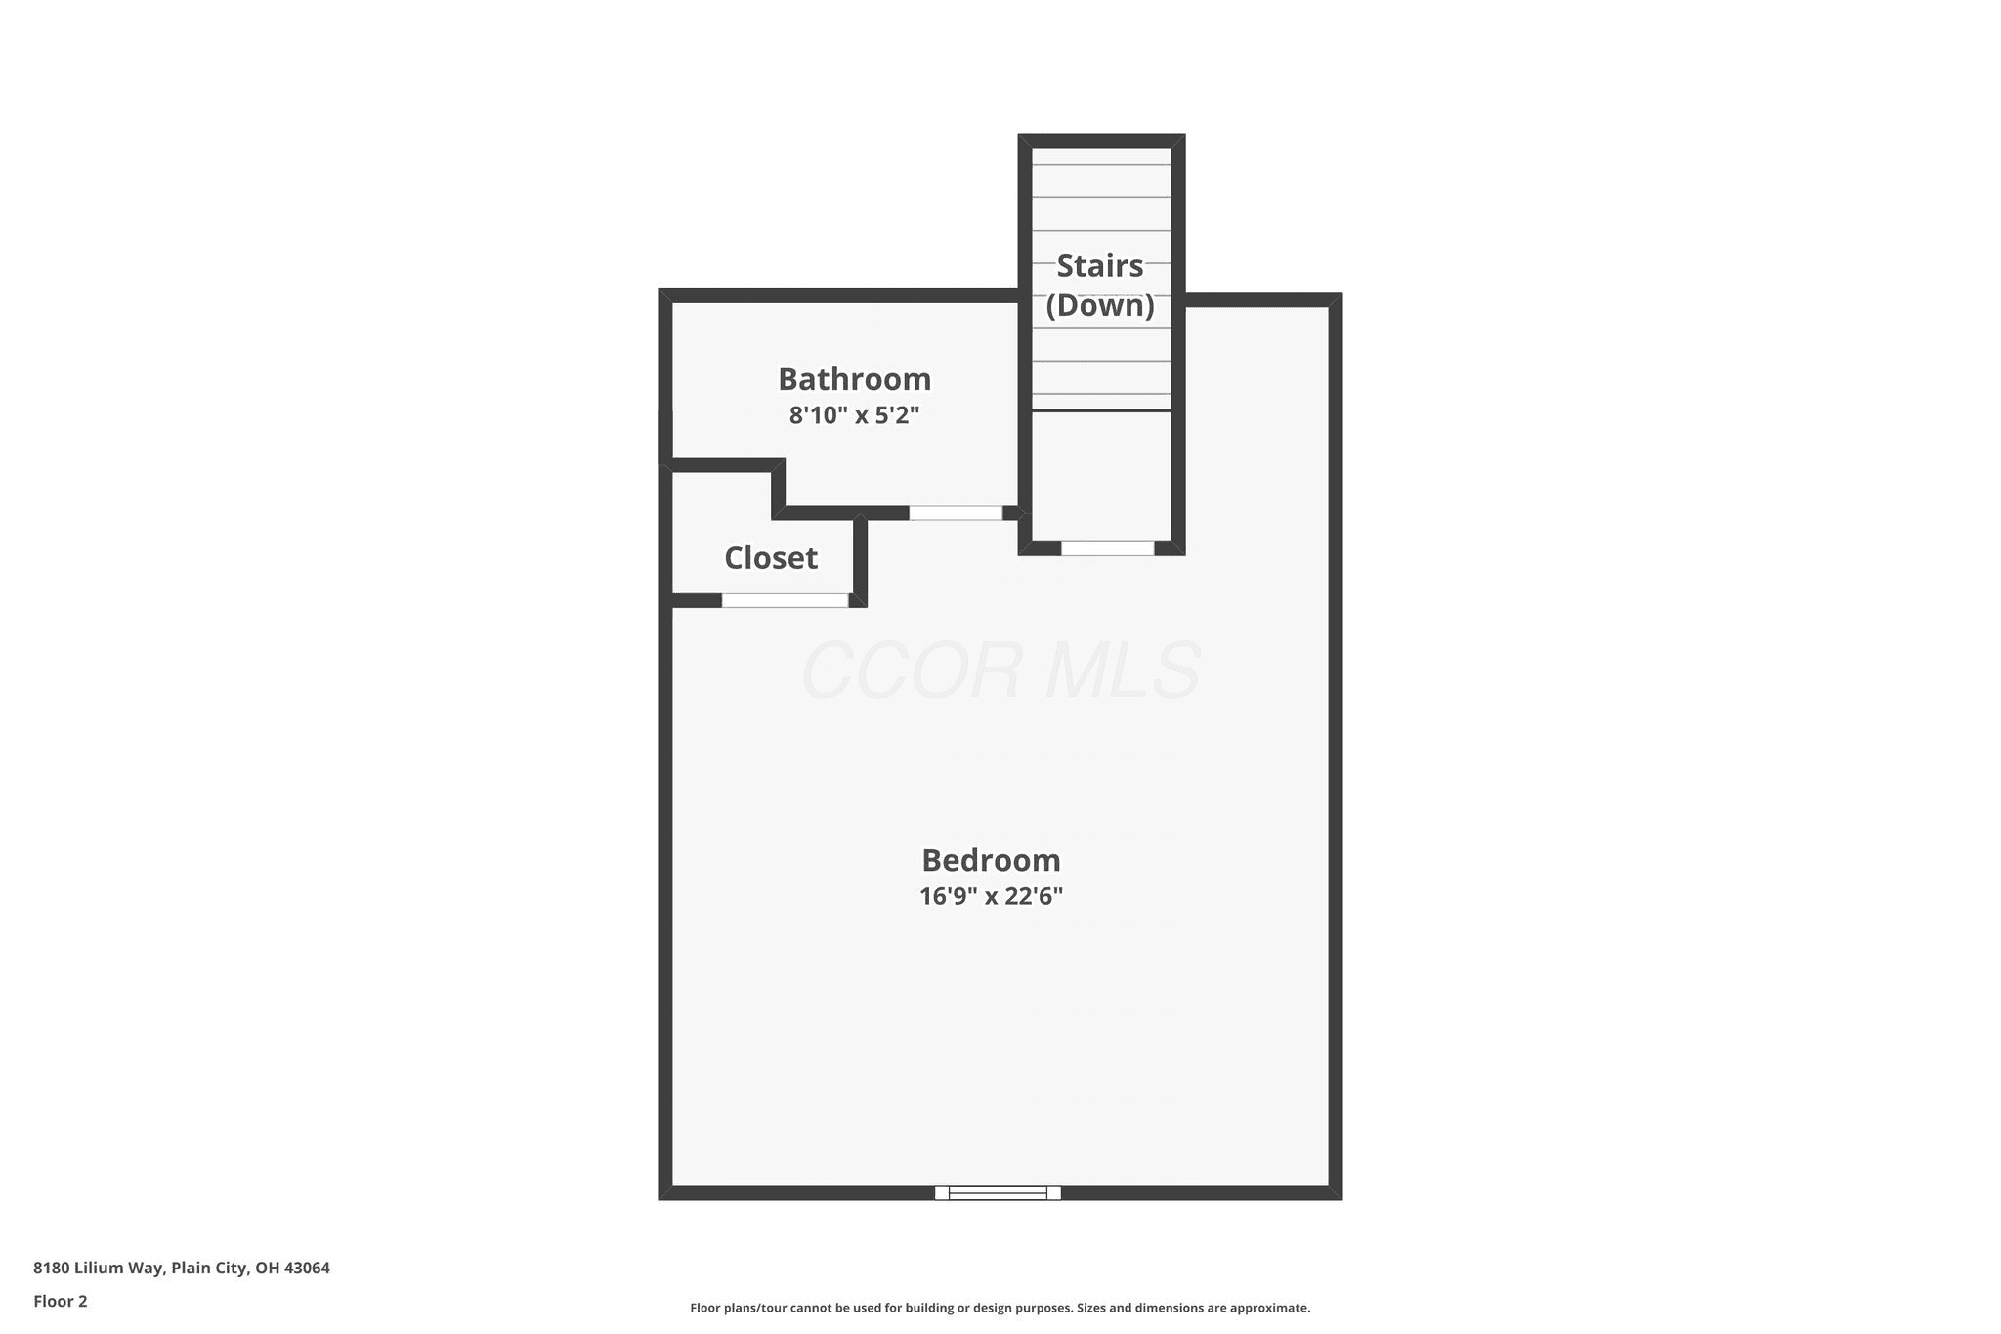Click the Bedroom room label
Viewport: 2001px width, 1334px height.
[991, 860]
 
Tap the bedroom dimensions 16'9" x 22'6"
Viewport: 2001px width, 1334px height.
[991, 896]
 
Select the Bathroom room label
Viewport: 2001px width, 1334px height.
[854, 379]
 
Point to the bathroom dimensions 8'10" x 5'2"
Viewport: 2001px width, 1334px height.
[854, 415]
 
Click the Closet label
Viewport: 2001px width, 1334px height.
[770, 558]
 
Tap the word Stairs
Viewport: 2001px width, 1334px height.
[1100, 265]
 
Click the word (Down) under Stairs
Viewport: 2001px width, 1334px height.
[1100, 305]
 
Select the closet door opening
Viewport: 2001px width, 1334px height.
[785, 600]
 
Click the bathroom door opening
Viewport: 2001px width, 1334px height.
[956, 513]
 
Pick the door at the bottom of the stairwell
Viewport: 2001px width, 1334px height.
[1108, 548]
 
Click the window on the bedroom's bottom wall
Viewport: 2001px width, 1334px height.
[998, 1192]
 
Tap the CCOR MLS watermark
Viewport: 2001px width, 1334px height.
[1000, 670]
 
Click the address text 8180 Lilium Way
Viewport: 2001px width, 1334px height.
[99, 1268]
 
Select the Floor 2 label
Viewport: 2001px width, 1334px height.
[61, 1301]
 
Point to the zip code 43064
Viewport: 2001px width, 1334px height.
[307, 1268]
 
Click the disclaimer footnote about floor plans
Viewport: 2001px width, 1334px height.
[1000, 1308]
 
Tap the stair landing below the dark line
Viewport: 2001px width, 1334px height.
[1101, 476]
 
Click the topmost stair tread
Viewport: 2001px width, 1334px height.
[1101, 156]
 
